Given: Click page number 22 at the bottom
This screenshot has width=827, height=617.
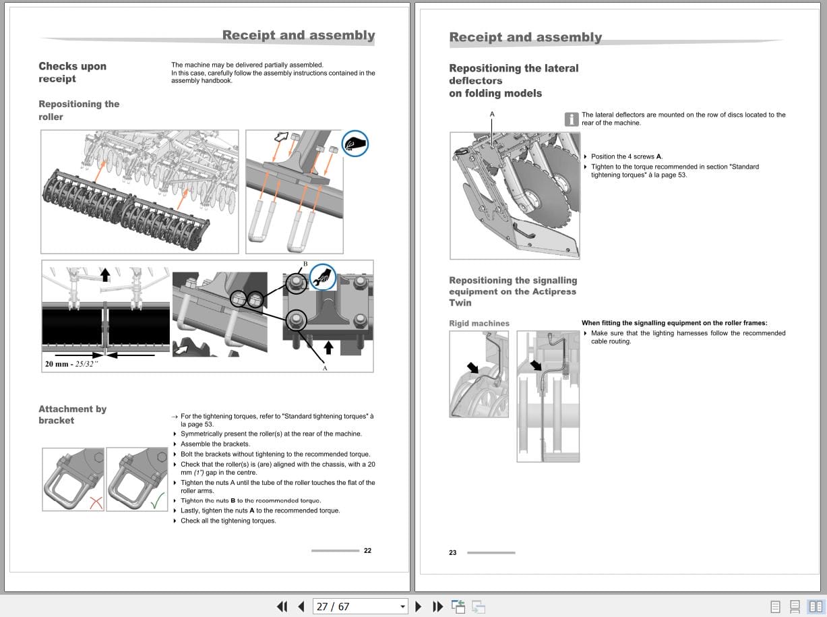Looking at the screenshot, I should click(367, 551).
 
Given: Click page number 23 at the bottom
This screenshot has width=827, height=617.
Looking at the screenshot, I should click(452, 553).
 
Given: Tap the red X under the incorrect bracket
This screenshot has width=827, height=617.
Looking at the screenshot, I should click(96, 502).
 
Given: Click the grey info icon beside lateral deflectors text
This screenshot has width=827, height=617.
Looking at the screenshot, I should click(572, 119).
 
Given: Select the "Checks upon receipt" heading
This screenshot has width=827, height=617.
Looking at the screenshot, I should click(72, 72).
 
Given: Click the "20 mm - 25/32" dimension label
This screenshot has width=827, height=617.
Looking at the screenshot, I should click(71, 364).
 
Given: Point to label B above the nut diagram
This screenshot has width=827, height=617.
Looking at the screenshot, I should click(305, 264).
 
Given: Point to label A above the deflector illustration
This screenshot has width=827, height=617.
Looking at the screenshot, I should click(492, 114).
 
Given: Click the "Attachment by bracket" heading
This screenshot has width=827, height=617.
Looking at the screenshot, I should click(72, 415).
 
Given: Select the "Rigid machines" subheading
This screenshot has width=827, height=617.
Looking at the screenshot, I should click(479, 324).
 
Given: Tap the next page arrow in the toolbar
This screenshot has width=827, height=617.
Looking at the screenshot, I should click(419, 606).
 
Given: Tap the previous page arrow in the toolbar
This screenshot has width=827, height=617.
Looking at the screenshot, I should click(301, 606).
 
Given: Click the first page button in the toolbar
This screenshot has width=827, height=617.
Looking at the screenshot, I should click(282, 606).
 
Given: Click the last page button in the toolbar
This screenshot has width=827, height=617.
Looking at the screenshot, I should click(437, 606).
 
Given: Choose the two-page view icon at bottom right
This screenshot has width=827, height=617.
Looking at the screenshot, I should click(816, 606).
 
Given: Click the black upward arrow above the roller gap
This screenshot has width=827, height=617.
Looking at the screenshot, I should click(105, 274).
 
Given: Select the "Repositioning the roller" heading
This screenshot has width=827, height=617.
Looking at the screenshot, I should click(79, 111).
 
